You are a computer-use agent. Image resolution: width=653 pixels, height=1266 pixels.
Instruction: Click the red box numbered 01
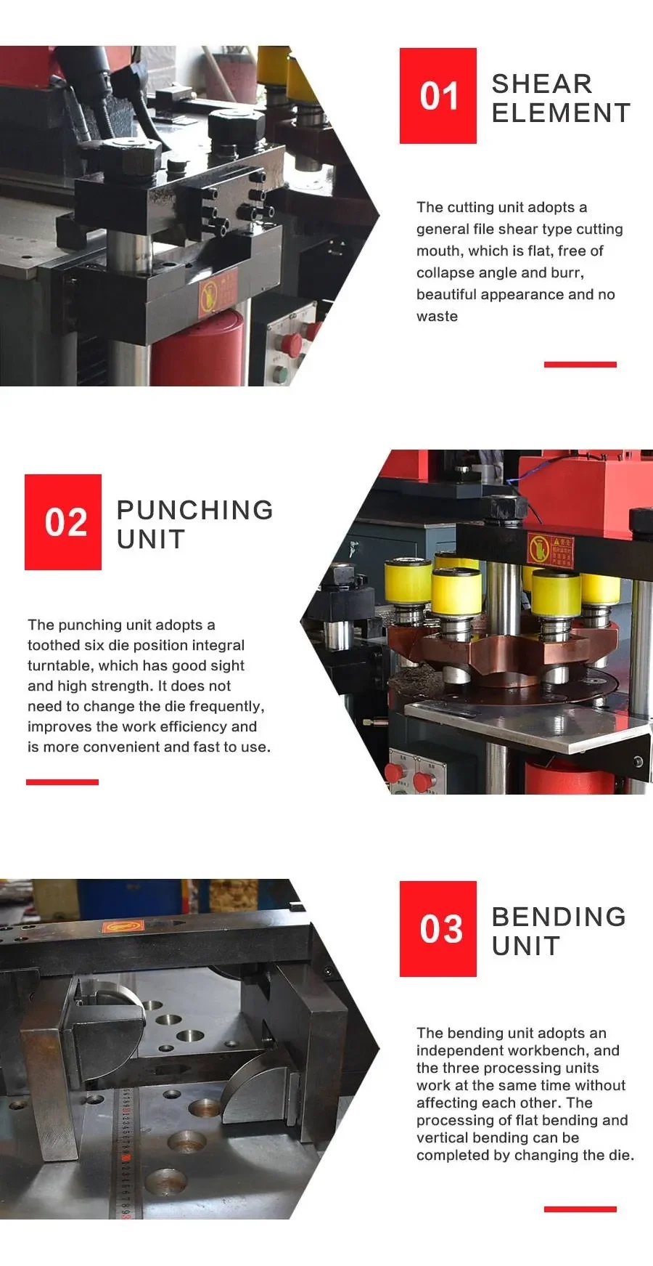[x=438, y=96]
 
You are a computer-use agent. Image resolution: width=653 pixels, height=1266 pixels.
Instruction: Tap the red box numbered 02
[x=63, y=522]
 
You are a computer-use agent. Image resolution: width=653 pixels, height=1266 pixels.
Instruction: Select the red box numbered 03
[x=438, y=929]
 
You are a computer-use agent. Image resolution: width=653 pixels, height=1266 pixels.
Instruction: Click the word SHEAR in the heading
[x=542, y=84]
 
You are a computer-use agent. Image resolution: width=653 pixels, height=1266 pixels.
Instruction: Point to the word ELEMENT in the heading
[x=561, y=113]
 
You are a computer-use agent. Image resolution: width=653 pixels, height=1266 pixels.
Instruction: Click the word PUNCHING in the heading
[x=194, y=510]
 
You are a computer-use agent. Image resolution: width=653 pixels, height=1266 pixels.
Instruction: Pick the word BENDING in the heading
[x=559, y=917]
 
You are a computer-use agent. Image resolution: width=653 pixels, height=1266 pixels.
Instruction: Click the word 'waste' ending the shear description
[x=437, y=317]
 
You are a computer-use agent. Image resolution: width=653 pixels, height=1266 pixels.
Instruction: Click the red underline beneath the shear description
[x=580, y=364]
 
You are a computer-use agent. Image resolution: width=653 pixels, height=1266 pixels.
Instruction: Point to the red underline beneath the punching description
[x=62, y=782]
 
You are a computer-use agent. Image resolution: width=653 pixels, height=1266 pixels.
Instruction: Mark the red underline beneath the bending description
[x=580, y=1209]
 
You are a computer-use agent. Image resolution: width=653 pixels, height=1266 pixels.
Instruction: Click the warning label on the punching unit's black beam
[x=550, y=551]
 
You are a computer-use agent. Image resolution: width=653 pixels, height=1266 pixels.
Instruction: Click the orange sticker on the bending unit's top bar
[x=123, y=926]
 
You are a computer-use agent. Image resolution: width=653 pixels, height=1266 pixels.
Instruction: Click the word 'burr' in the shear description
[x=567, y=273]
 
